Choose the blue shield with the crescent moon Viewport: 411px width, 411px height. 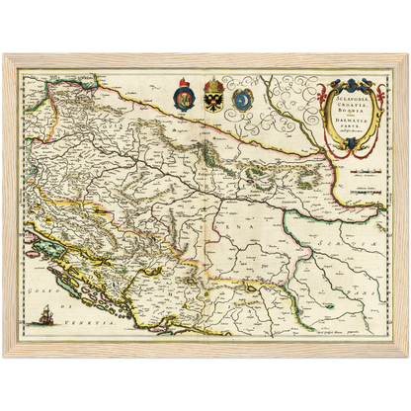[243, 100]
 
